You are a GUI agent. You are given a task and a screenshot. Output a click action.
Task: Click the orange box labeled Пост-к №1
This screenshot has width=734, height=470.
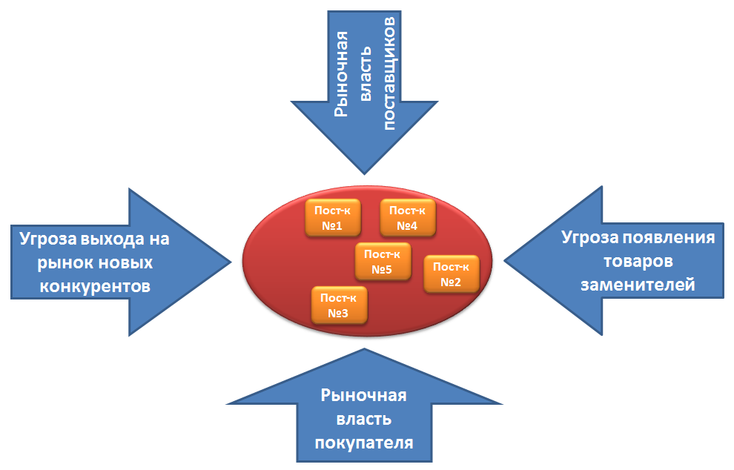click(333, 217)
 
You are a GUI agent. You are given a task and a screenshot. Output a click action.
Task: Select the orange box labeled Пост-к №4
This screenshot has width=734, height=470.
click(407, 217)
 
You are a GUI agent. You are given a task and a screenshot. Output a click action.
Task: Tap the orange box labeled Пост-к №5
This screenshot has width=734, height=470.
click(383, 261)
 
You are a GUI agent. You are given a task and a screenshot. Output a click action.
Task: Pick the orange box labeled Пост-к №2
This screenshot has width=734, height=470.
click(451, 274)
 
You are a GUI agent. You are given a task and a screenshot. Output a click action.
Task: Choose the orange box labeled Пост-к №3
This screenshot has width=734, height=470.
click(338, 306)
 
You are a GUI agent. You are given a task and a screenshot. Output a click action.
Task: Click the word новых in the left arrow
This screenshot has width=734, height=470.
click(126, 262)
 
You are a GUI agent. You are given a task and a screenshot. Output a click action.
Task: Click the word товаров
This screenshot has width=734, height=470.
click(638, 262)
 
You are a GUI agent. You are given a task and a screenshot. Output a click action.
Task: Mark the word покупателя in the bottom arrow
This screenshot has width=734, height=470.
click(363, 443)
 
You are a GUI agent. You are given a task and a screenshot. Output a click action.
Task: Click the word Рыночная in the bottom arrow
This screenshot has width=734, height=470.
click(363, 395)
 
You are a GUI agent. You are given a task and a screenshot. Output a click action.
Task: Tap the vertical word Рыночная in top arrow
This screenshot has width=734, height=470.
click(340, 74)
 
